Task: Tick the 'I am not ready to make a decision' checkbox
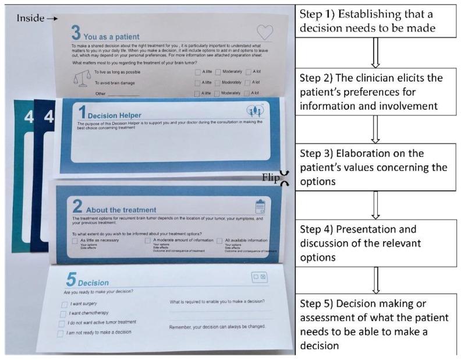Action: coord(61,333)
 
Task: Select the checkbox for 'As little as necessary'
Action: coord(75,241)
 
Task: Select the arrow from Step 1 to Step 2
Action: coord(375,54)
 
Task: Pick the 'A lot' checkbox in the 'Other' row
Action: coord(249,93)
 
